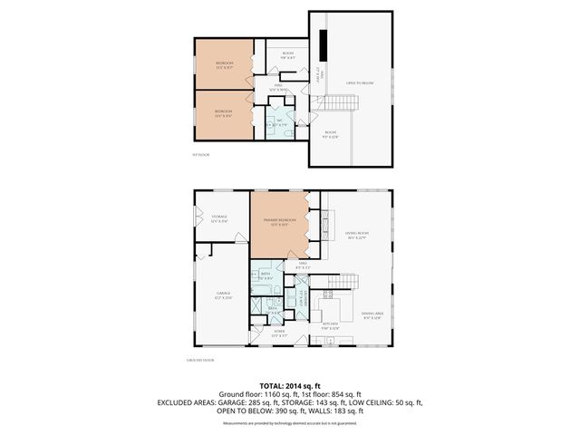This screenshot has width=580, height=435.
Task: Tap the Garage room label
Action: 223,294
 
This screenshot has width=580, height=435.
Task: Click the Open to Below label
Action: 357,82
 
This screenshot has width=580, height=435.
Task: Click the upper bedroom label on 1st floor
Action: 224,64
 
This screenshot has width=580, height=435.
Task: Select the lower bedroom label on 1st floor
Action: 224,114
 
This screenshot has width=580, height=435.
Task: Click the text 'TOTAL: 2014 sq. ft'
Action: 289,385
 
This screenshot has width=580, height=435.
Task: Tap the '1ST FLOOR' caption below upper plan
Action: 201,156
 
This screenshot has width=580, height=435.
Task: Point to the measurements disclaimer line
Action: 289,423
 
